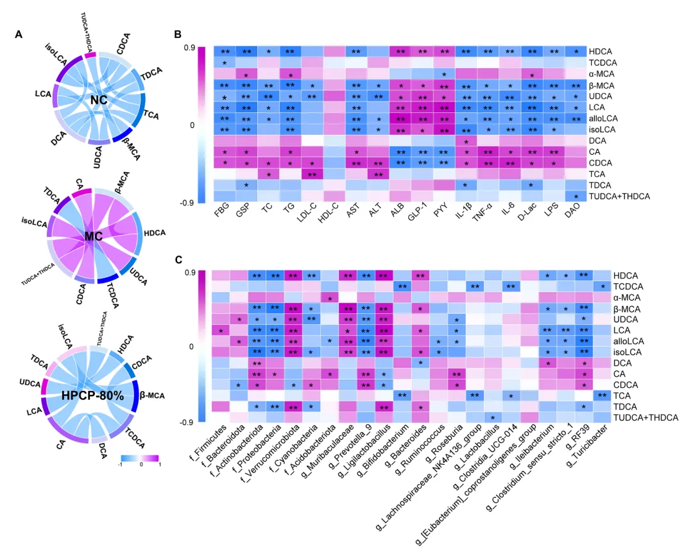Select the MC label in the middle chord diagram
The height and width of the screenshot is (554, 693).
coord(94,238)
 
